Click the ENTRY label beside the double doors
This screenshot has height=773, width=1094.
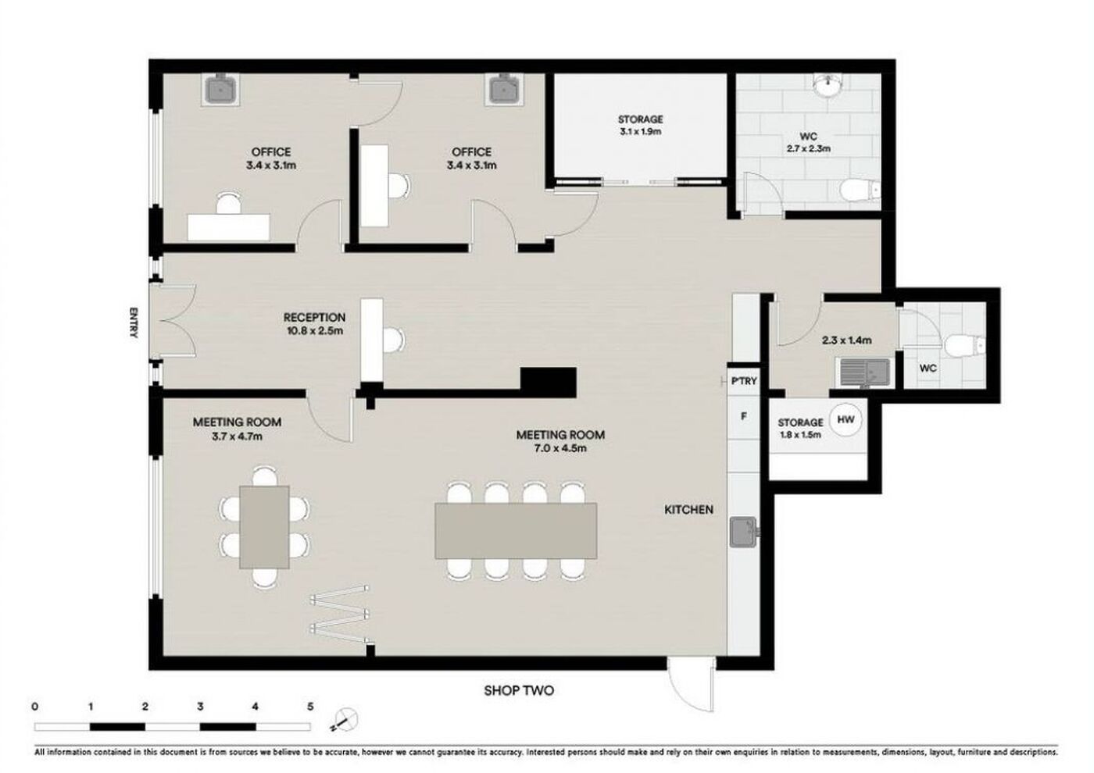pyautogui.click(x=134, y=322)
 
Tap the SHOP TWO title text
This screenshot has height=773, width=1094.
pyautogui.click(x=519, y=690)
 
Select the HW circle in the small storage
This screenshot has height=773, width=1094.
pyautogui.click(x=846, y=419)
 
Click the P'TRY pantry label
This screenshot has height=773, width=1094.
pyautogui.click(x=744, y=381)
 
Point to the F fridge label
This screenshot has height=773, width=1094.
pyautogui.click(x=744, y=416)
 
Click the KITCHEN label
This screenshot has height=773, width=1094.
pyautogui.click(x=688, y=509)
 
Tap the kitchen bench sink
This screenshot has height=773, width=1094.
pyautogui.click(x=743, y=532)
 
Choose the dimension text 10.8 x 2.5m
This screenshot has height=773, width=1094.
pyautogui.click(x=315, y=331)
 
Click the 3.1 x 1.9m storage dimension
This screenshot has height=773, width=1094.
pyautogui.click(x=641, y=131)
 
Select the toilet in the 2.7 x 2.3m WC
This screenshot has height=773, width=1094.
pyautogui.click(x=860, y=189)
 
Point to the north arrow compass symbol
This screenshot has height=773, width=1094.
pyautogui.click(x=345, y=720)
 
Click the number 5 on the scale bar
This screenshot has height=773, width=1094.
pyautogui.click(x=310, y=706)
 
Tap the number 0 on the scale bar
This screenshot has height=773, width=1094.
pyautogui.click(x=34, y=706)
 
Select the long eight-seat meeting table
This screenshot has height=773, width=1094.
pyautogui.click(x=516, y=531)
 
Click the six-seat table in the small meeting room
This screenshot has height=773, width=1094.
pyautogui.click(x=264, y=527)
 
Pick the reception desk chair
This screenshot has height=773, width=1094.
pyautogui.click(x=394, y=340)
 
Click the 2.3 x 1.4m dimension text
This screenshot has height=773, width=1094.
pyautogui.click(x=847, y=340)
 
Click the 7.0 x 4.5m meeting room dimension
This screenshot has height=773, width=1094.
pyautogui.click(x=560, y=448)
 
